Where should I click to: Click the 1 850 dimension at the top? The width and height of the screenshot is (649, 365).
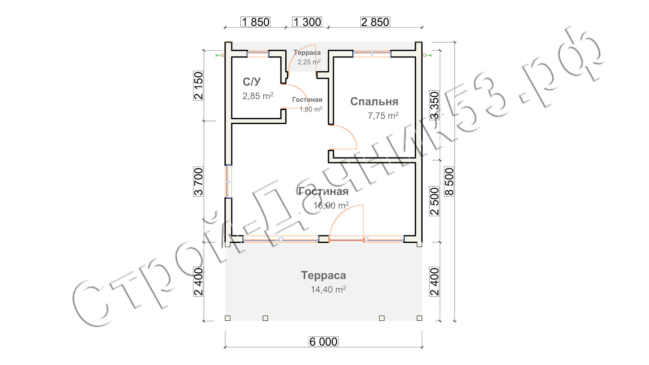click(256, 22)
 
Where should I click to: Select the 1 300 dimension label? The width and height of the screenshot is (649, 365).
click(307, 22)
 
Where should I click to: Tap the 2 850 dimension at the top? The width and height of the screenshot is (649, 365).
click(375, 22)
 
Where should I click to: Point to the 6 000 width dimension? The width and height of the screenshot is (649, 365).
click(323, 342)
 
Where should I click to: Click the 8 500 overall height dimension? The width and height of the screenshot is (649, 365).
click(449, 181)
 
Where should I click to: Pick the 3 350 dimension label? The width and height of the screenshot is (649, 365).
click(434, 105)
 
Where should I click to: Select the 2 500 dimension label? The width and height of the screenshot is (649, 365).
click(434, 201)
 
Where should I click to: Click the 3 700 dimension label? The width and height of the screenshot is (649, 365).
click(198, 181)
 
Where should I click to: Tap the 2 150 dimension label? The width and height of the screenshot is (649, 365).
click(198, 86)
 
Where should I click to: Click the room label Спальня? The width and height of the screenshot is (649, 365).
click(374, 101)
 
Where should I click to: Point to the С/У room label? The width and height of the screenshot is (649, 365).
click(251, 81)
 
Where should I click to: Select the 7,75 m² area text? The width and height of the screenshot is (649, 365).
click(383, 116)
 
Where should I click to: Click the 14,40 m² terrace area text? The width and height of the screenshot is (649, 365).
click(328, 289)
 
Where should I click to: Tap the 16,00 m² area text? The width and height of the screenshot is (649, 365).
click(331, 205)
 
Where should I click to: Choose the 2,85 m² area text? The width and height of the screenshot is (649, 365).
click(258, 96)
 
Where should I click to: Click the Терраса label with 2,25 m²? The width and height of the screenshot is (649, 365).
click(307, 52)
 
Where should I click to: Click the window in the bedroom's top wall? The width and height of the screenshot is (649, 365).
click(372, 54)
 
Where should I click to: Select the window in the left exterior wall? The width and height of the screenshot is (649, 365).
click(229, 181)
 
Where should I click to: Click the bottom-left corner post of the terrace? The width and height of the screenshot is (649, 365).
click(227, 318)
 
